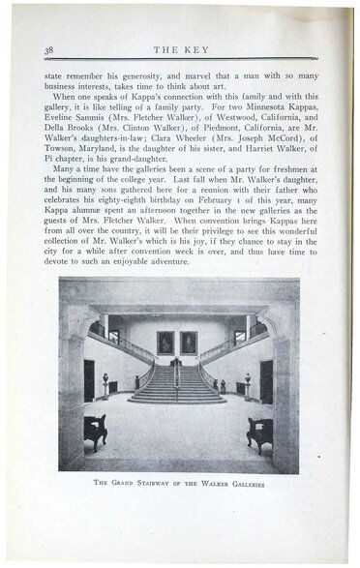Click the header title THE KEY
click(x=180, y=49)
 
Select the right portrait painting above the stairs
click(x=189, y=342)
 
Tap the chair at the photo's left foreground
click(x=94, y=432)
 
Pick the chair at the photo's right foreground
click(x=259, y=433)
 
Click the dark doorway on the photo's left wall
click(x=89, y=380)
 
